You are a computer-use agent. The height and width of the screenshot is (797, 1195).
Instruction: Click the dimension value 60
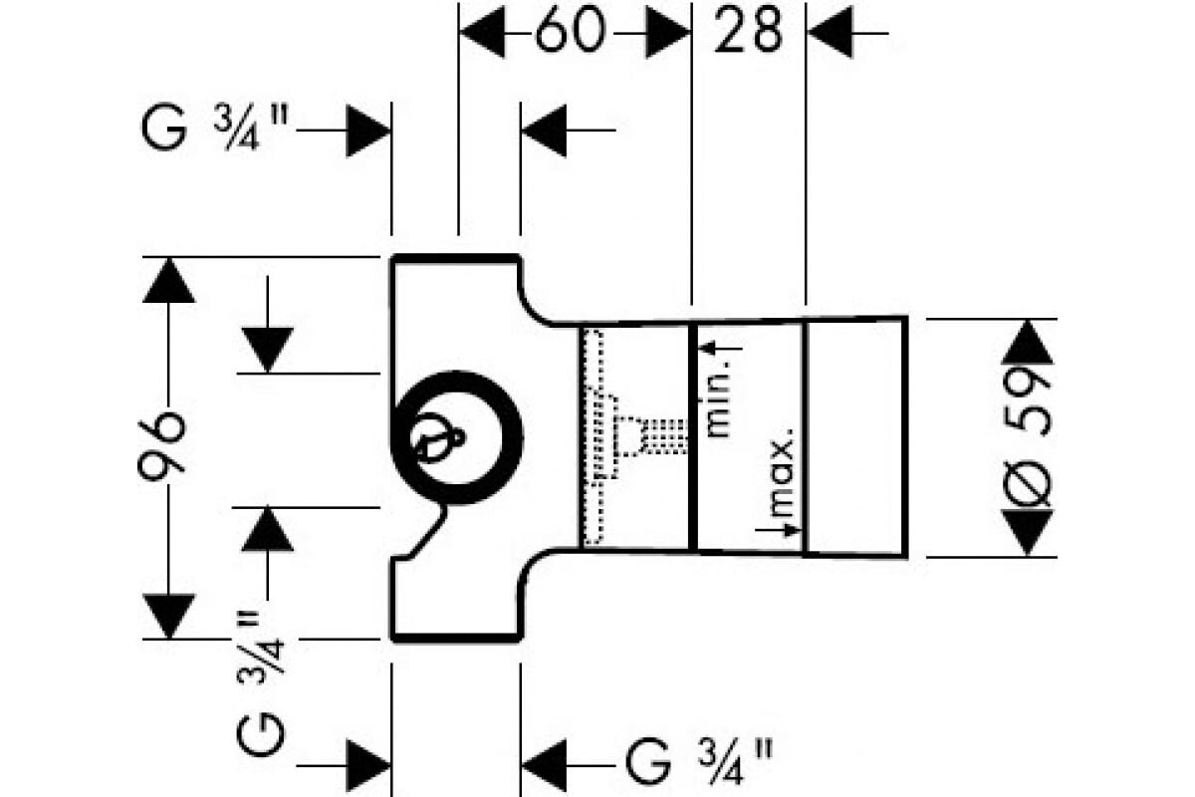[x=570, y=33]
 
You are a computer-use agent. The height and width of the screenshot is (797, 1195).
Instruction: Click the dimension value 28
[x=749, y=33]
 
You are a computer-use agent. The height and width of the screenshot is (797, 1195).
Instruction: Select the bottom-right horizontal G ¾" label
[x=698, y=763]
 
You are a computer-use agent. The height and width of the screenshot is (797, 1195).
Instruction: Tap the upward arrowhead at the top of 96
[x=168, y=281]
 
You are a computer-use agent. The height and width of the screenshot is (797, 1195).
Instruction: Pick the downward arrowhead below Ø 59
[x=1029, y=532]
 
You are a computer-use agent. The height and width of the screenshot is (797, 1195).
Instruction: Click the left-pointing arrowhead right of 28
[x=830, y=34]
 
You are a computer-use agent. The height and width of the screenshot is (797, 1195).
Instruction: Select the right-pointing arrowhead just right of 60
[x=666, y=34]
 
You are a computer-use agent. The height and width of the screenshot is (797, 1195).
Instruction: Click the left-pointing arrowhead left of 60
[x=482, y=34]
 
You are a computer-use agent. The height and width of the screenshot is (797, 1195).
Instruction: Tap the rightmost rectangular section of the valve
[x=854, y=435]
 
